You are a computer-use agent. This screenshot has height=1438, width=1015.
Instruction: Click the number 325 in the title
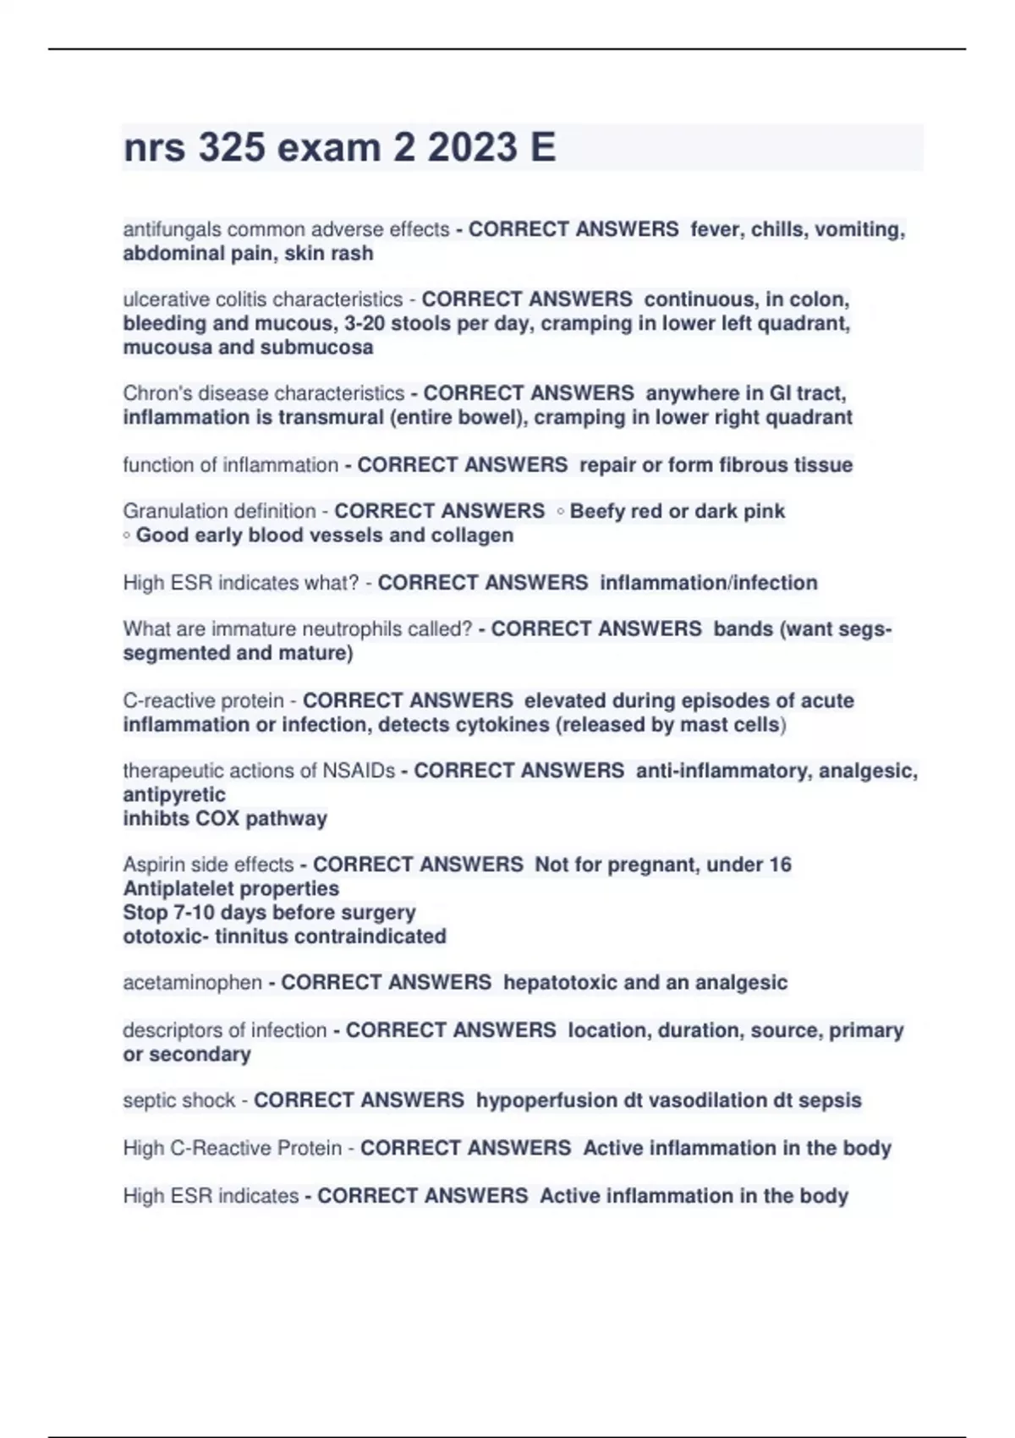pos(231,147)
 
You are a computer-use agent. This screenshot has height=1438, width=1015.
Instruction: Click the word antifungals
pos(173,229)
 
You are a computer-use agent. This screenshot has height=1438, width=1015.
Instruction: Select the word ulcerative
pos(165,299)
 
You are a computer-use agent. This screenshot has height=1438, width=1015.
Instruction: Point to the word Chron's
pos(157,393)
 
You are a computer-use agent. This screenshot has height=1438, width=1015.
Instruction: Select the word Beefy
pos(599,511)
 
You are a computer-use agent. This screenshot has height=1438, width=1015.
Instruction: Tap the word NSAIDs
pos(358,771)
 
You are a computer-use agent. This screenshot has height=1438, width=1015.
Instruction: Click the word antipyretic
pos(174,794)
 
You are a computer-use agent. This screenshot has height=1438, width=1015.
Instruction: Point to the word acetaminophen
pos(192,982)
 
